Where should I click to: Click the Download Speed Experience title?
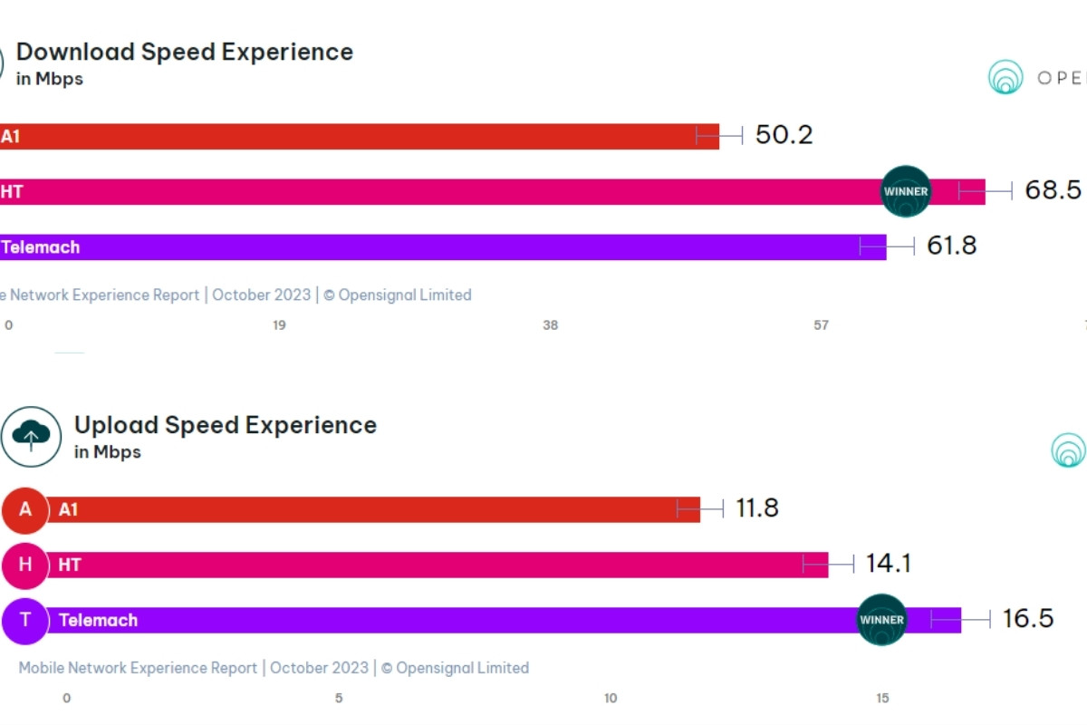(184, 52)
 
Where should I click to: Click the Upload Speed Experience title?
(225, 425)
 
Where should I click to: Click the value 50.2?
(784, 135)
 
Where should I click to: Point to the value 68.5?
(1053, 190)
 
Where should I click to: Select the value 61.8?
(951, 246)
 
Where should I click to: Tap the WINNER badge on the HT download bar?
(906, 191)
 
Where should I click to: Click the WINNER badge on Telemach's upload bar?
(881, 620)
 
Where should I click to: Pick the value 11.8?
(756, 508)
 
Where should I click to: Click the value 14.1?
(888, 564)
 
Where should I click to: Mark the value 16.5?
(1027, 619)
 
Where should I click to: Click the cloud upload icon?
(31, 436)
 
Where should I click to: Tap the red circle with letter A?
(24, 509)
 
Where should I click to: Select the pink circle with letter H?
(24, 565)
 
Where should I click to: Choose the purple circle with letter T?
(24, 620)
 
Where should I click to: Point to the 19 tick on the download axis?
(279, 325)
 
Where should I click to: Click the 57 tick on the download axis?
(821, 325)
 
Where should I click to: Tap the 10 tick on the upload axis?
(611, 698)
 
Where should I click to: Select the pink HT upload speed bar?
(435, 565)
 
